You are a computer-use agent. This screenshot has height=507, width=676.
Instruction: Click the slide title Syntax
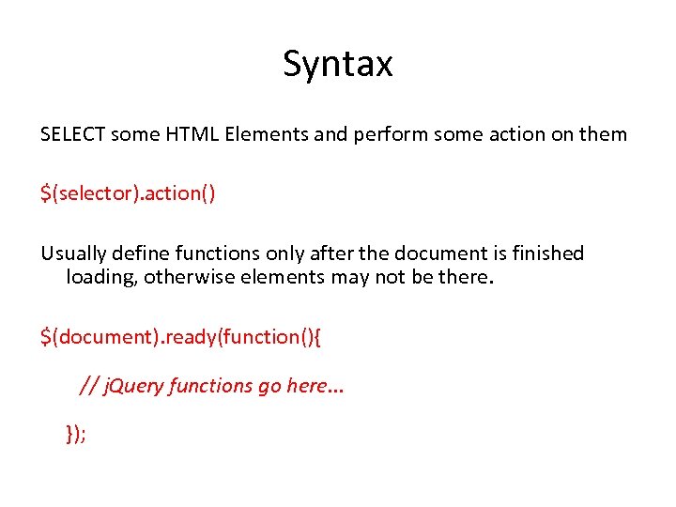[x=338, y=65]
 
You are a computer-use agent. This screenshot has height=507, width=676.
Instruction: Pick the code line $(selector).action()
[x=128, y=193]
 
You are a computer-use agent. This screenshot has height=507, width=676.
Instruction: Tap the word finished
[x=547, y=253]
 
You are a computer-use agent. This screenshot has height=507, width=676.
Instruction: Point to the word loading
[x=100, y=278]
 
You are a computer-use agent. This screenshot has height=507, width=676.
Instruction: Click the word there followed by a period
[x=464, y=278]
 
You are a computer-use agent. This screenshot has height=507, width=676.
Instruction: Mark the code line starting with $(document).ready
[x=181, y=337]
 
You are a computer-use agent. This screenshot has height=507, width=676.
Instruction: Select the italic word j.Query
[x=132, y=386]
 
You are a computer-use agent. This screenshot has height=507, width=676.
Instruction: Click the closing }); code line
[x=75, y=433]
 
